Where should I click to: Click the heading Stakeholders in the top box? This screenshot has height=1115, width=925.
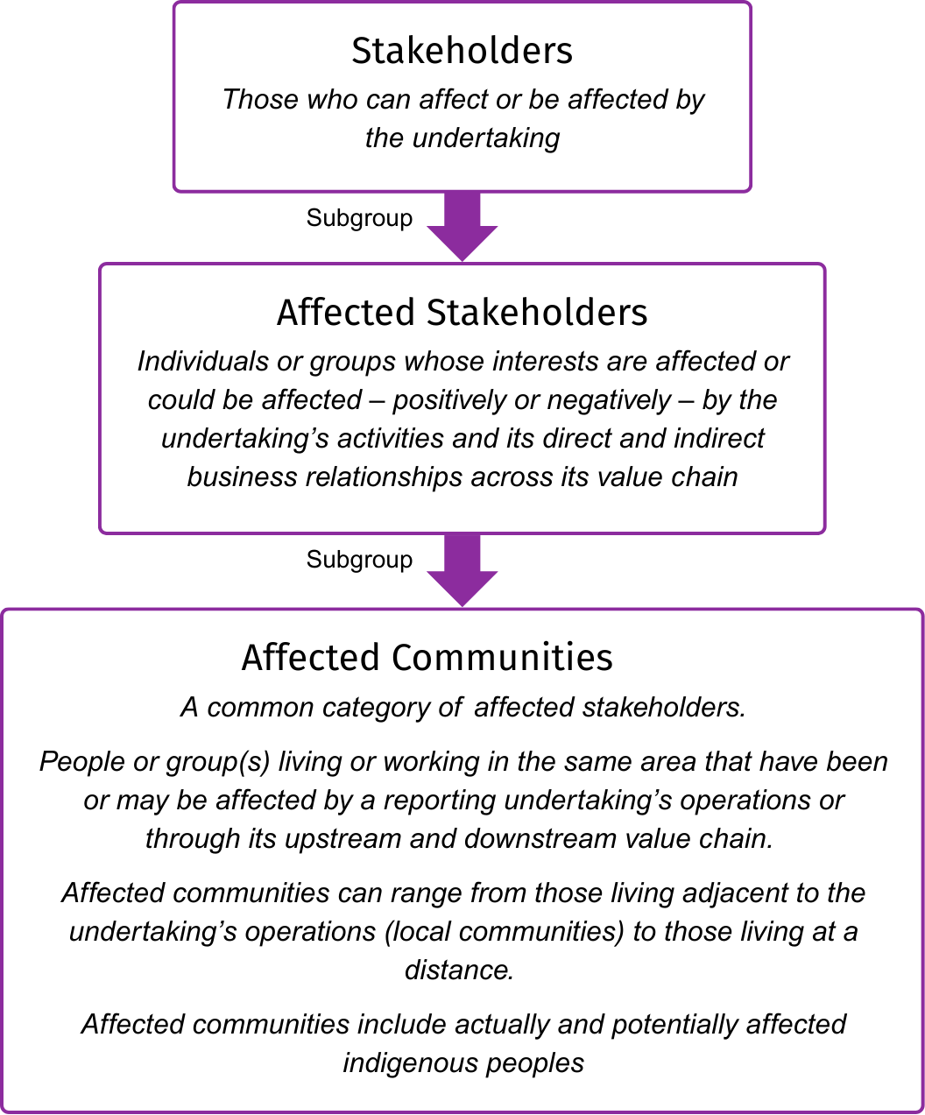pyautogui.click(x=462, y=51)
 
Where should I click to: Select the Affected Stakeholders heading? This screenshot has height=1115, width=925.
pyautogui.click(x=462, y=313)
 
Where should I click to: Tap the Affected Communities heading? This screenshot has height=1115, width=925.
pyautogui.click(x=427, y=658)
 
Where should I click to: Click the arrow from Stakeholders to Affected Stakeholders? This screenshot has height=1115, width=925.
pyautogui.click(x=462, y=226)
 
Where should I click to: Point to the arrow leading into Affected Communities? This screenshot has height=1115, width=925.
pyautogui.click(x=462, y=570)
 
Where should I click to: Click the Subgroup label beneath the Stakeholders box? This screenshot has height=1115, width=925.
pyautogui.click(x=359, y=218)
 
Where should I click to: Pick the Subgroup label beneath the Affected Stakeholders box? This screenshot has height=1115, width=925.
pyautogui.click(x=359, y=560)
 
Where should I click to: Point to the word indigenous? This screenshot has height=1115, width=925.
pyautogui.click(x=398, y=1063)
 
